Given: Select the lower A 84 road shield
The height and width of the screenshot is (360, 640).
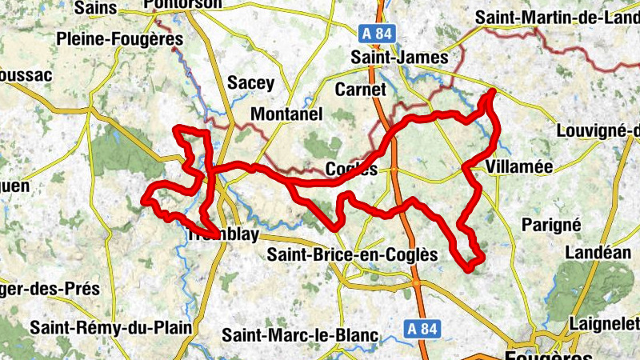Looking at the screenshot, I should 421,328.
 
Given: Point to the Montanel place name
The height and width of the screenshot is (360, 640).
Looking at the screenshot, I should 286,114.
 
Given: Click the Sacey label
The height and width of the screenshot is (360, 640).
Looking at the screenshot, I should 251,82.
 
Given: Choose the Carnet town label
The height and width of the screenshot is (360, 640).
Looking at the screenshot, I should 361,89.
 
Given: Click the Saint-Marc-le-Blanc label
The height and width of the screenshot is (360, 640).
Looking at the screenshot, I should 299,335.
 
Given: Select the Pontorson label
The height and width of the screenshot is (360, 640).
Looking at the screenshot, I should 183,5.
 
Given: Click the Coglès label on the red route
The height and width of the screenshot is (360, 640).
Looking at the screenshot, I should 352,169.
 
